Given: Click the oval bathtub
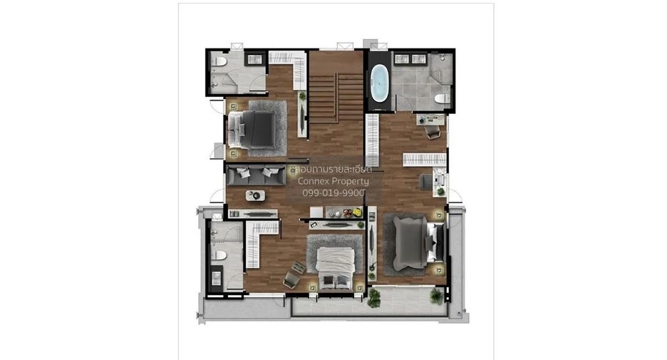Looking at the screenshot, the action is pyautogui.click(x=379, y=83).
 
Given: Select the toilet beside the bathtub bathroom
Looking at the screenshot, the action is pyautogui.click(x=442, y=98).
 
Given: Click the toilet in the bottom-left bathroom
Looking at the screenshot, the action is pyautogui.click(x=219, y=255).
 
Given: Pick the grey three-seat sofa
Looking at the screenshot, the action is pyautogui.click(x=256, y=175).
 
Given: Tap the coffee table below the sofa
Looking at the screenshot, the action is pyautogui.click(x=255, y=195).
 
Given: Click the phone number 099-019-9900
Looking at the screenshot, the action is pyautogui.click(x=333, y=192).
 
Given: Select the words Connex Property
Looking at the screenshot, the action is pyautogui.click(x=333, y=181).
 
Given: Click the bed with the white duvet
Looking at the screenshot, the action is pyautogui.click(x=335, y=267).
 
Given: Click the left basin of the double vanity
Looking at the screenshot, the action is pyautogui.click(x=402, y=59).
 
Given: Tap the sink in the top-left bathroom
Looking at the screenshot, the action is pyautogui.click(x=255, y=60).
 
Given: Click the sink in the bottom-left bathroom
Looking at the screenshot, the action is pyautogui.click(x=217, y=279).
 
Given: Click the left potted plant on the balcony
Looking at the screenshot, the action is pyautogui.click(x=373, y=298).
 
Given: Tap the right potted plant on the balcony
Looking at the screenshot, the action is pyautogui.click(x=436, y=295).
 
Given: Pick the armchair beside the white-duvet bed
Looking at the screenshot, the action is pyautogui.click(x=291, y=279).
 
